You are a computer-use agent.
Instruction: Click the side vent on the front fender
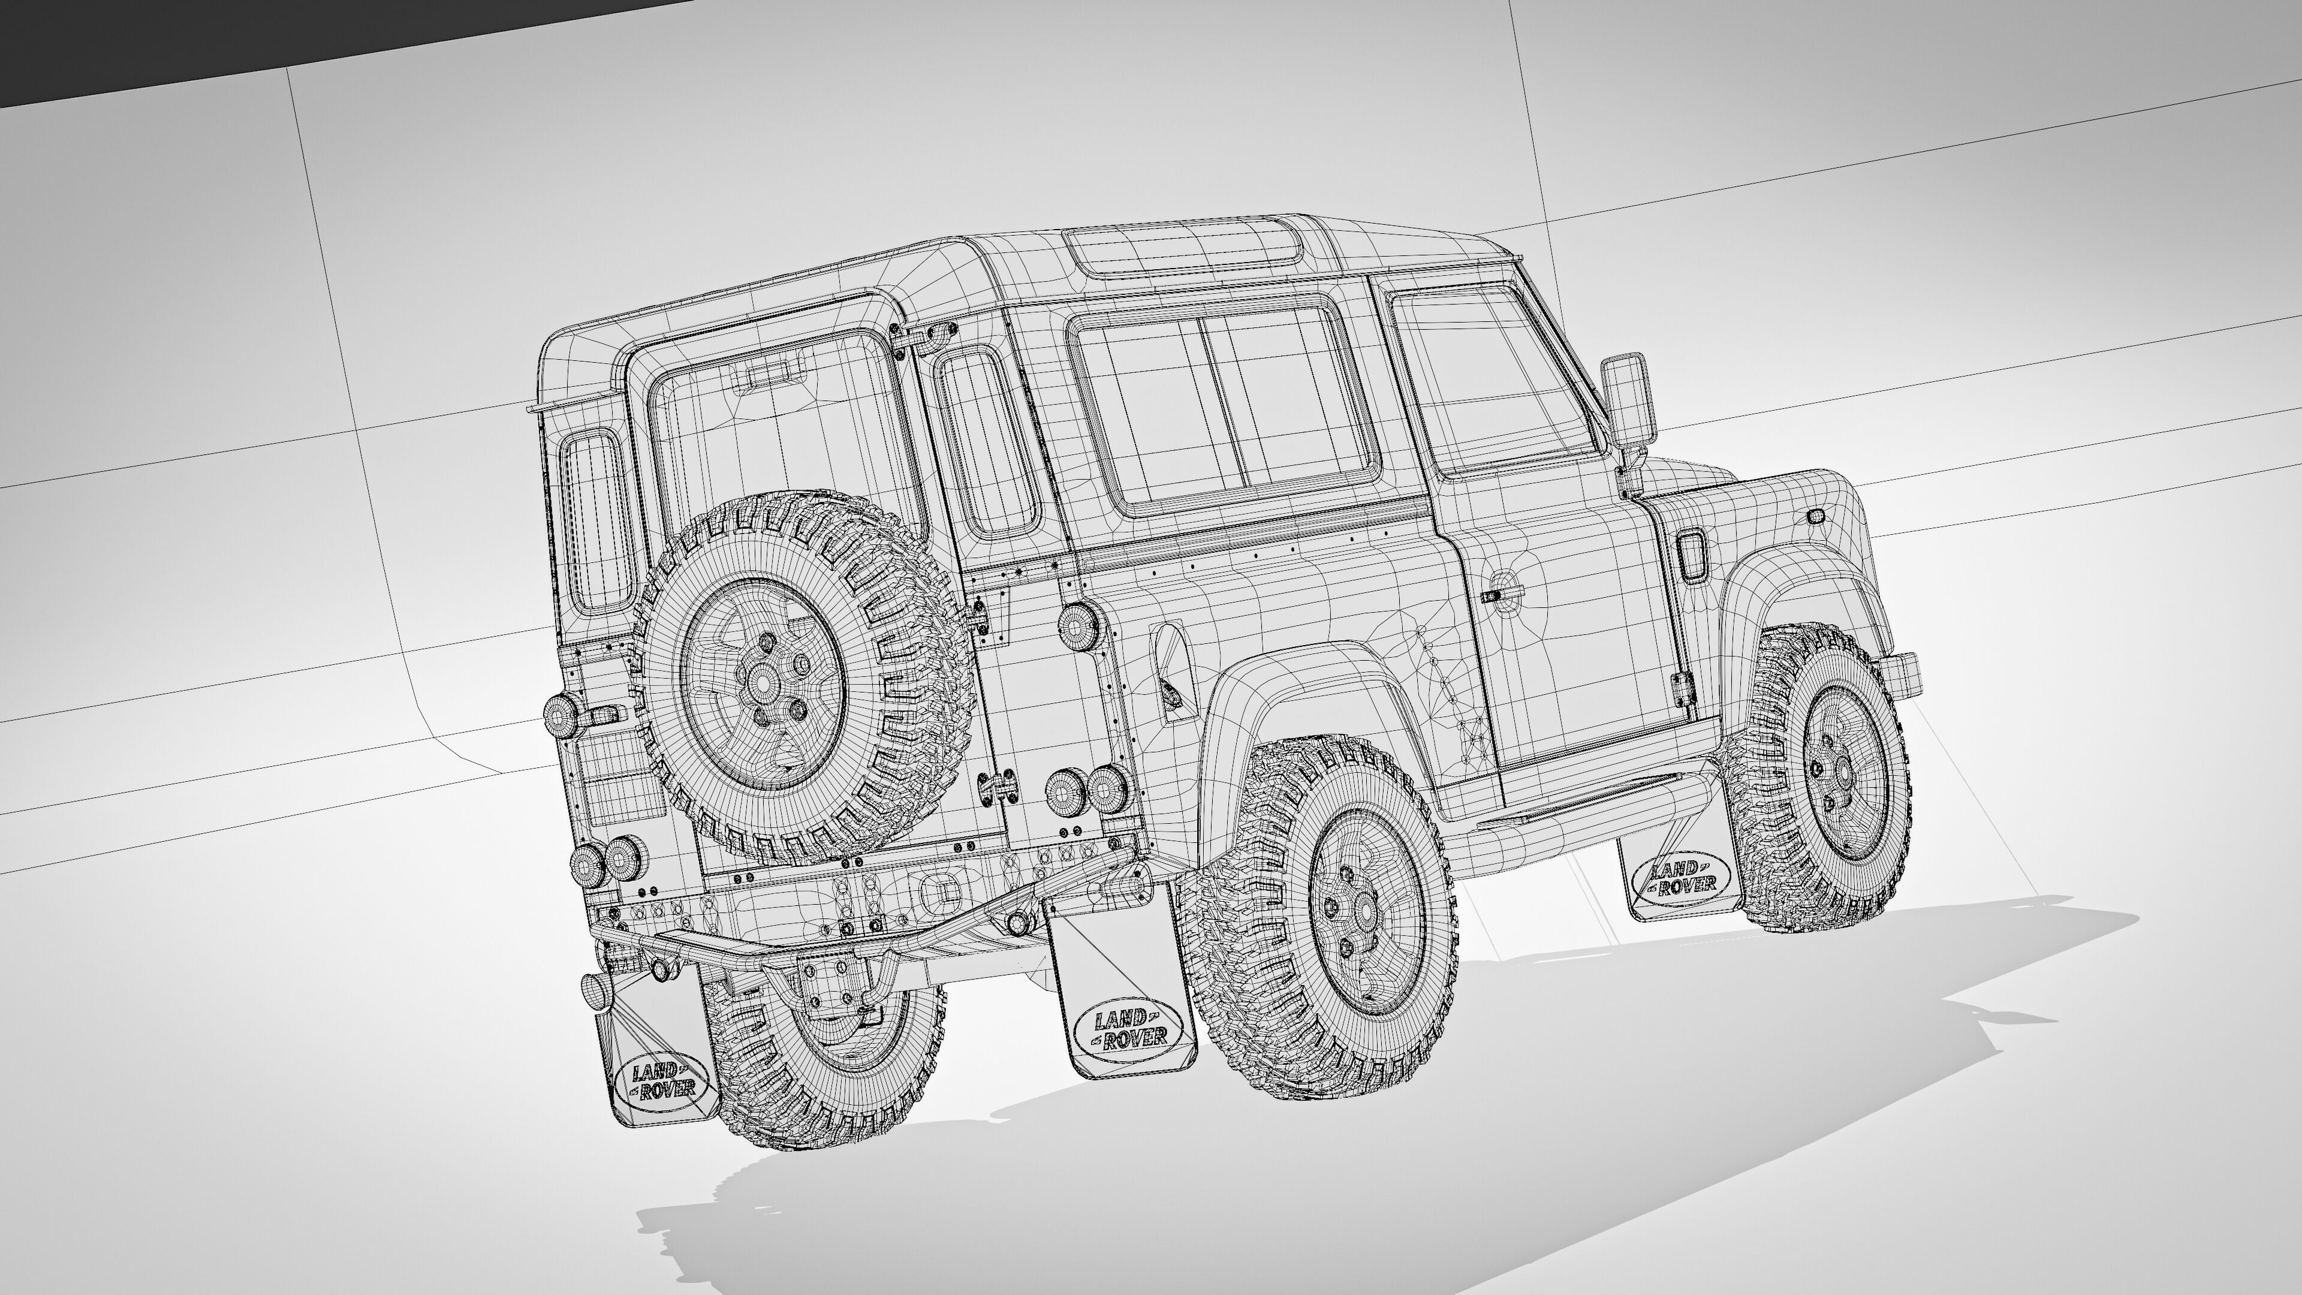point(1692,557)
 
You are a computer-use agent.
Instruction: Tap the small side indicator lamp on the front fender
point(1816,517)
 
